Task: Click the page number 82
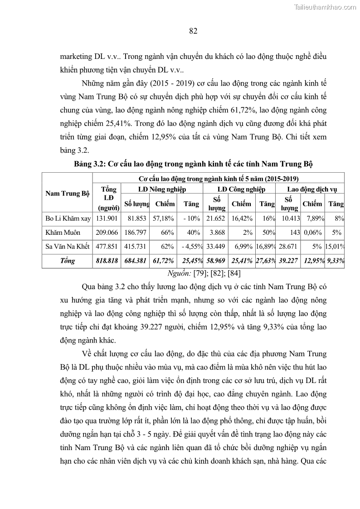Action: tap(192, 31)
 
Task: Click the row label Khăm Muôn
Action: tap(61, 233)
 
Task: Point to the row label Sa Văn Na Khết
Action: tap(68, 247)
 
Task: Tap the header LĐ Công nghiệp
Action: tap(241, 189)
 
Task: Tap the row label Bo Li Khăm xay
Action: tap(68, 218)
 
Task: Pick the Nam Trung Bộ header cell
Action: tap(67, 194)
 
